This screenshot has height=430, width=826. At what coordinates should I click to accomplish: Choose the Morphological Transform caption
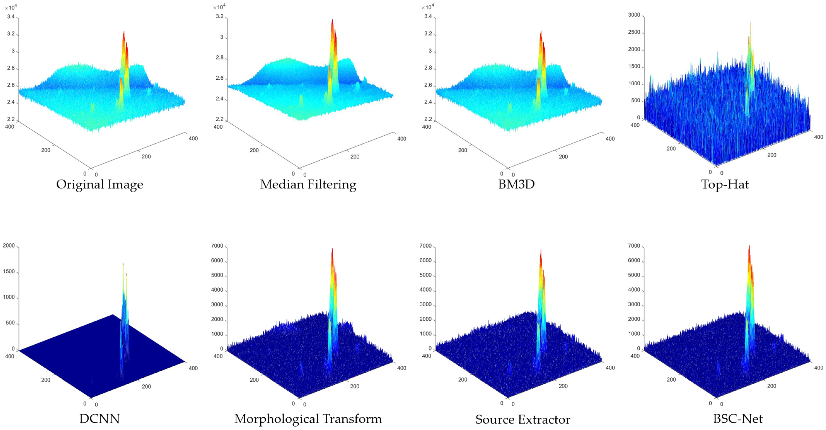[308, 419]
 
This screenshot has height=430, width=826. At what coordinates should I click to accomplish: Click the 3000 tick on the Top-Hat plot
[634, 15]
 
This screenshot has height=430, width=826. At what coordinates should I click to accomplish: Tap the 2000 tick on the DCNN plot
[9, 246]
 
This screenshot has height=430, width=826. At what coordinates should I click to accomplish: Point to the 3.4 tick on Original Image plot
[11, 17]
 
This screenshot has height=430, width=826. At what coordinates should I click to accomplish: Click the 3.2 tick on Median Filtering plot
[219, 16]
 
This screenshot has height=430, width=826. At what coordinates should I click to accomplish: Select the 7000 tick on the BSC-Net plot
[634, 246]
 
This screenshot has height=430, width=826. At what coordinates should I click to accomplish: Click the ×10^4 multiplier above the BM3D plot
[428, 7]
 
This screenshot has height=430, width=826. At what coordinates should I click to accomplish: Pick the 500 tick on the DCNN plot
[11, 323]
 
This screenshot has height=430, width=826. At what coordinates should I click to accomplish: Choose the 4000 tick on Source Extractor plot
[425, 290]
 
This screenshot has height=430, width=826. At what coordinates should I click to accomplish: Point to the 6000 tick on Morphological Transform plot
[217, 261]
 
